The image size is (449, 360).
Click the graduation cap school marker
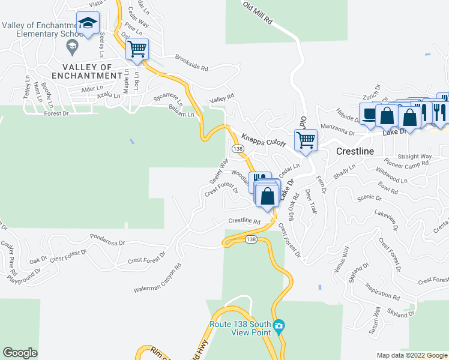(88, 25)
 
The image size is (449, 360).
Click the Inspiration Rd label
(382, 292)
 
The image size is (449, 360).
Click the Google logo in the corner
(20, 353)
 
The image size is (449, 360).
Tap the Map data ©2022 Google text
(411, 355)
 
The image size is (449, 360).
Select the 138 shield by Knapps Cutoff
(237, 148)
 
